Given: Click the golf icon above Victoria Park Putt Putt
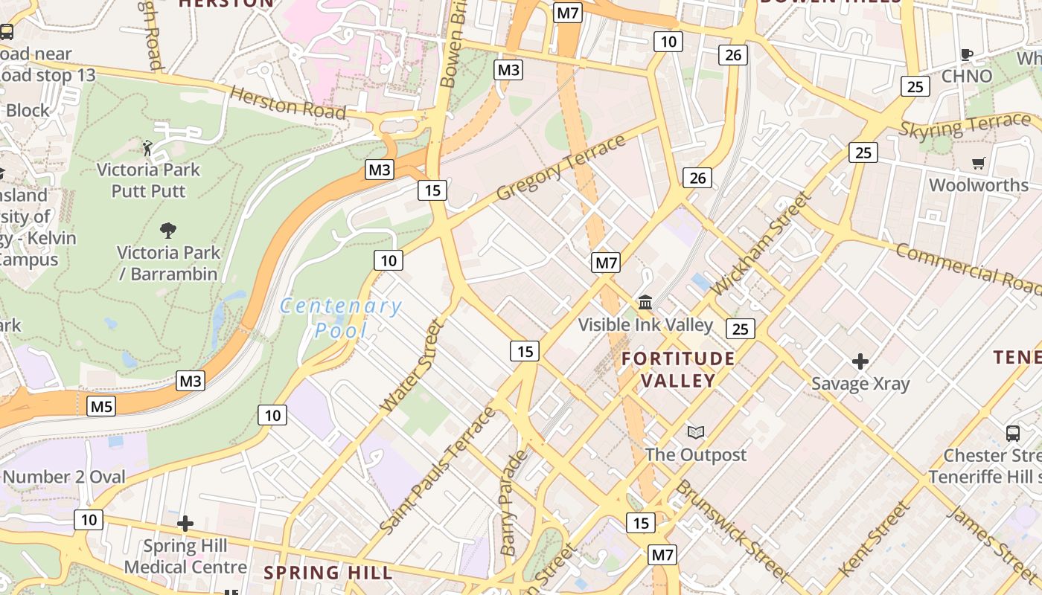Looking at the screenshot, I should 148,148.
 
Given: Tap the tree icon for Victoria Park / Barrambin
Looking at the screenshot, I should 169,231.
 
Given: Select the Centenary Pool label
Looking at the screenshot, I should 341,318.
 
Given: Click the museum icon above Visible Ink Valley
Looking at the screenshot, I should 645,303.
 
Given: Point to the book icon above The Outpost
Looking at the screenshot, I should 696,432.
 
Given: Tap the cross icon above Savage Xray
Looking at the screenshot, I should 860,361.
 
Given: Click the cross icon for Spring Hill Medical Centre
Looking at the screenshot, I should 185,524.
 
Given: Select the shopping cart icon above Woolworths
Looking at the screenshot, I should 979,163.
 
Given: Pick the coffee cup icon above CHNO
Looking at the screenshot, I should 967,54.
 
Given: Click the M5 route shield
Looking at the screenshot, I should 102,406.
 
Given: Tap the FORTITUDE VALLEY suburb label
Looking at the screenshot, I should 678,370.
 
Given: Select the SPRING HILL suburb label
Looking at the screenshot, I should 328,573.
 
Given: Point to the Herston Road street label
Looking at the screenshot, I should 288,103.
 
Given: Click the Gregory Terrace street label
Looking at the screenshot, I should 560,167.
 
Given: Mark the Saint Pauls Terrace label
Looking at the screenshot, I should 438,469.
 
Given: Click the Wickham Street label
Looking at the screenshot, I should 759,242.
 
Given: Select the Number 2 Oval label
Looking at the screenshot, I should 65,477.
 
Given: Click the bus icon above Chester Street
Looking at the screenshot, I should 1012,433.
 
